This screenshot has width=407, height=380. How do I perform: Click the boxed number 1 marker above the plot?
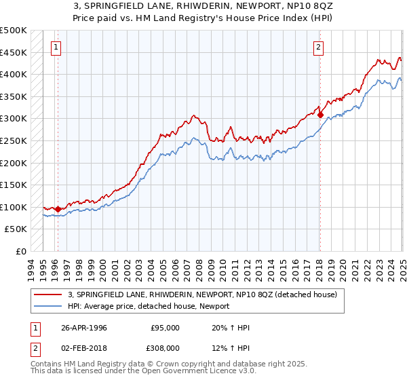55,47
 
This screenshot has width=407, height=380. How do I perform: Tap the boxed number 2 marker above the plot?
318,47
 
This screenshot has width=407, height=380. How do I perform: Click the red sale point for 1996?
58,209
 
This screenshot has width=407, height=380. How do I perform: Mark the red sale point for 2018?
320,115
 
